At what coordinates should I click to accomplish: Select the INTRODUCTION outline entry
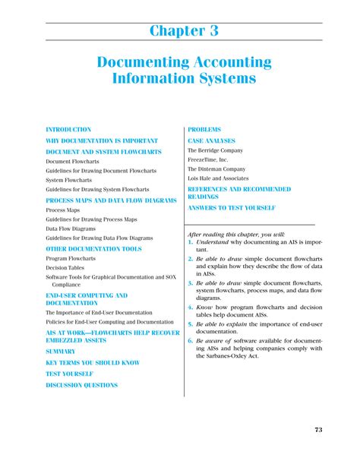pyautogui.click(x=68, y=130)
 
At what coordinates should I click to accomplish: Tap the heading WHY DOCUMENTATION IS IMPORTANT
pyautogui.click(x=102, y=140)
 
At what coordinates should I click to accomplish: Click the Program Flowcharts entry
pyautogui.click(x=71, y=258)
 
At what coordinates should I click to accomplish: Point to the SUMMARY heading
pyautogui.click(x=61, y=352)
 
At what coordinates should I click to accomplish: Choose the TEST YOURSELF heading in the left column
pyautogui.click(x=69, y=374)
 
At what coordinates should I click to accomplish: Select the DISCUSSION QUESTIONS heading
pyautogui.click(x=82, y=385)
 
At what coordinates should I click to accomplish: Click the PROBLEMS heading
pyautogui.click(x=205, y=130)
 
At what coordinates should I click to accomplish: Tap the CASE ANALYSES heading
pyautogui.click(x=212, y=140)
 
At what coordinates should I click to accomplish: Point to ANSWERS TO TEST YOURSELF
pyautogui.click(x=232, y=207)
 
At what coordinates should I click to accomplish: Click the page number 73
pyautogui.click(x=318, y=430)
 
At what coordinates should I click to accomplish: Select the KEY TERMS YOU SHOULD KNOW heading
pyautogui.click(x=93, y=363)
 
